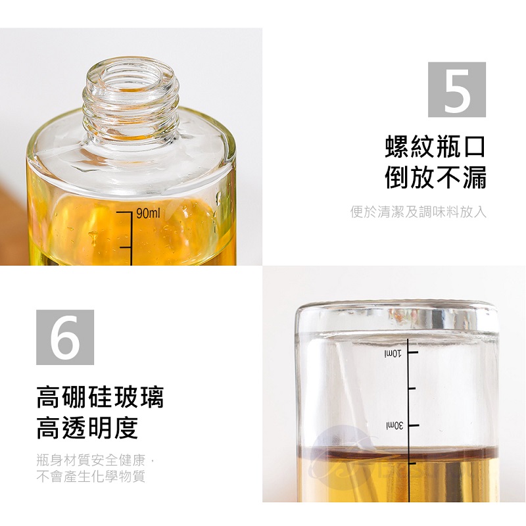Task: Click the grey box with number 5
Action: point(456,89)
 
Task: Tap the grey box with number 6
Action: point(65,337)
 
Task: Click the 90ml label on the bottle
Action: point(149,213)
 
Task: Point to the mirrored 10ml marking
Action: point(393,354)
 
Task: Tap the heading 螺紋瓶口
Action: point(435,147)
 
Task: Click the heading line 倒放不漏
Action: point(435,177)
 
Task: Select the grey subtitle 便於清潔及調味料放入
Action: point(418,212)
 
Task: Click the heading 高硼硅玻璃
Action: point(100,397)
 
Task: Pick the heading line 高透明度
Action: point(87,428)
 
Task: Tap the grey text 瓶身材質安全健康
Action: point(91,460)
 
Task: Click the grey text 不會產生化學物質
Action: point(91,476)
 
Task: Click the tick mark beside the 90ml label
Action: point(123,212)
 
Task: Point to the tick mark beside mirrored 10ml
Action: point(414,352)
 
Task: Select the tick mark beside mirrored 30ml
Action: point(414,425)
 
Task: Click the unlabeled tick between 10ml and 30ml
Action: point(412,389)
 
